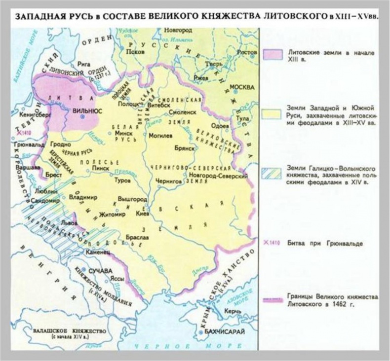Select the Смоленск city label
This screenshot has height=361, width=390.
pyautogui.click(x=184, y=112)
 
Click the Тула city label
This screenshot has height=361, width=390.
pyautogui.click(x=246, y=119)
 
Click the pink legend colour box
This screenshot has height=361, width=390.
pyautogui.click(x=273, y=56)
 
